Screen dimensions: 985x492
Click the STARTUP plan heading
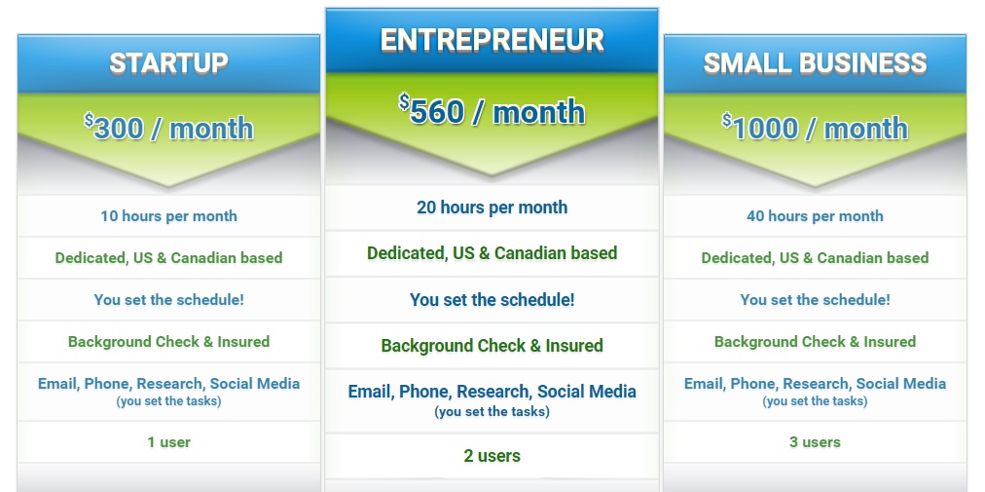click(x=168, y=63)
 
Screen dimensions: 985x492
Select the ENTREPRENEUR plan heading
click(x=492, y=40)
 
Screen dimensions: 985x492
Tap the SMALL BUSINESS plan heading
click(x=815, y=63)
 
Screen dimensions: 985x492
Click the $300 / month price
click(x=168, y=128)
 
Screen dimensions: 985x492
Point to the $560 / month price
click(x=492, y=111)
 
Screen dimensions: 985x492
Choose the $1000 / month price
click(x=815, y=128)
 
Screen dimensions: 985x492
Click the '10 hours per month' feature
click(x=169, y=216)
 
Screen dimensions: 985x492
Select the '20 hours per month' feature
click(x=492, y=208)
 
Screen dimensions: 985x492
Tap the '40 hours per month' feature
click(x=815, y=216)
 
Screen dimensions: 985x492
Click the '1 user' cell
click(x=169, y=442)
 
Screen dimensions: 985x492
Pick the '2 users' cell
click(x=492, y=456)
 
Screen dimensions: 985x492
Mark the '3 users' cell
click(x=815, y=442)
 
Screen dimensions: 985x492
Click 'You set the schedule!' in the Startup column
click(x=169, y=299)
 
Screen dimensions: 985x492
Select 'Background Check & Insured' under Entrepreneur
click(x=492, y=346)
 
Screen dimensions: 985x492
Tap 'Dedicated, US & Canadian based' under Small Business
click(x=815, y=258)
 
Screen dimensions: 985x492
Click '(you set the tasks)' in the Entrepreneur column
click(x=492, y=411)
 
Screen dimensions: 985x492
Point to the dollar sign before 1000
click(x=726, y=120)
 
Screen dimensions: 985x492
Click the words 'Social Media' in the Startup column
click(x=254, y=384)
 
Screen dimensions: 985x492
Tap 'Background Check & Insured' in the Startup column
click(x=169, y=342)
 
